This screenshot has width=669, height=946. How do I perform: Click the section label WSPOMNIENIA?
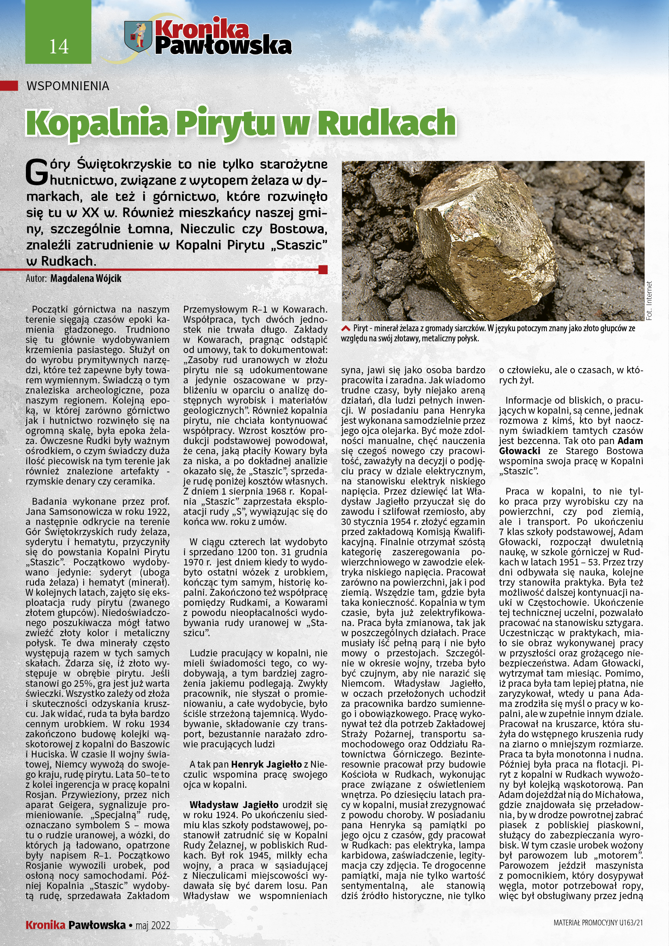pyautogui.click(x=68, y=86)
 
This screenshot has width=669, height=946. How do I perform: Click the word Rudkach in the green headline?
pyautogui.click(x=387, y=123)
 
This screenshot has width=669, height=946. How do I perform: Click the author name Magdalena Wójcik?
pyautogui.click(x=86, y=279)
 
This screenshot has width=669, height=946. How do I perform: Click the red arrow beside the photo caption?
pyautogui.click(x=345, y=328)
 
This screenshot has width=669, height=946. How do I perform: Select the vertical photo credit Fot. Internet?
pyautogui.click(x=649, y=301)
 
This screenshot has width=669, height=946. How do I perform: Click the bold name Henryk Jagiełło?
pyautogui.click(x=266, y=764)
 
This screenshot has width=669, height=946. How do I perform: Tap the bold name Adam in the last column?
pyautogui.click(x=630, y=441)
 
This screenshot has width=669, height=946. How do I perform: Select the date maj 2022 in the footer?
pyautogui.click(x=153, y=925)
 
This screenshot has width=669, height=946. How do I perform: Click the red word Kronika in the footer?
pyautogui.click(x=45, y=925)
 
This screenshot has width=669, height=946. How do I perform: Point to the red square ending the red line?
pyautogui.click(x=323, y=270)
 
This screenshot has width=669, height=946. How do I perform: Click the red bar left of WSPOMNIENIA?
pyautogui.click(x=9, y=86)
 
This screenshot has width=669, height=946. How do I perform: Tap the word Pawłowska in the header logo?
pyautogui.click(x=223, y=46)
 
